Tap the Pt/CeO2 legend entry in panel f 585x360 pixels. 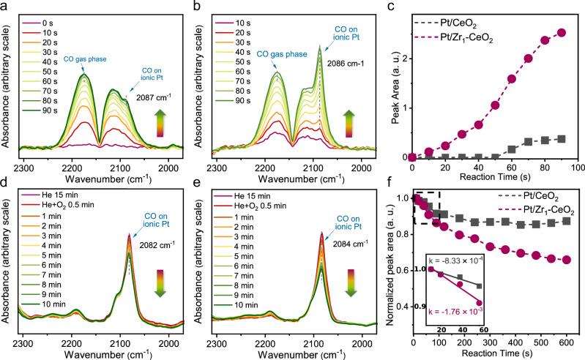(519, 196)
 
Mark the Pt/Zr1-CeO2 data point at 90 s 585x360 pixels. (562, 32)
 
